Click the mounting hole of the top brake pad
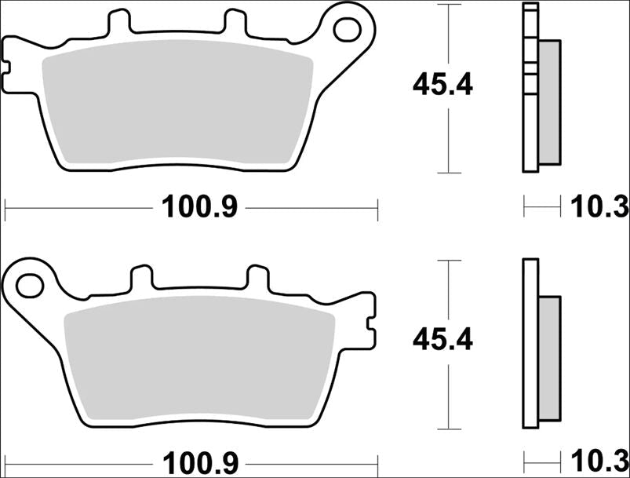(346, 28)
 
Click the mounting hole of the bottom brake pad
(30, 284)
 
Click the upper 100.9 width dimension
(199, 208)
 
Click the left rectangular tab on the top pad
(118, 21)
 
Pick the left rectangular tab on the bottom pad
(142, 277)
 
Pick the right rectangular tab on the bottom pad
(258, 277)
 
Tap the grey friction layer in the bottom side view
(550, 359)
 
